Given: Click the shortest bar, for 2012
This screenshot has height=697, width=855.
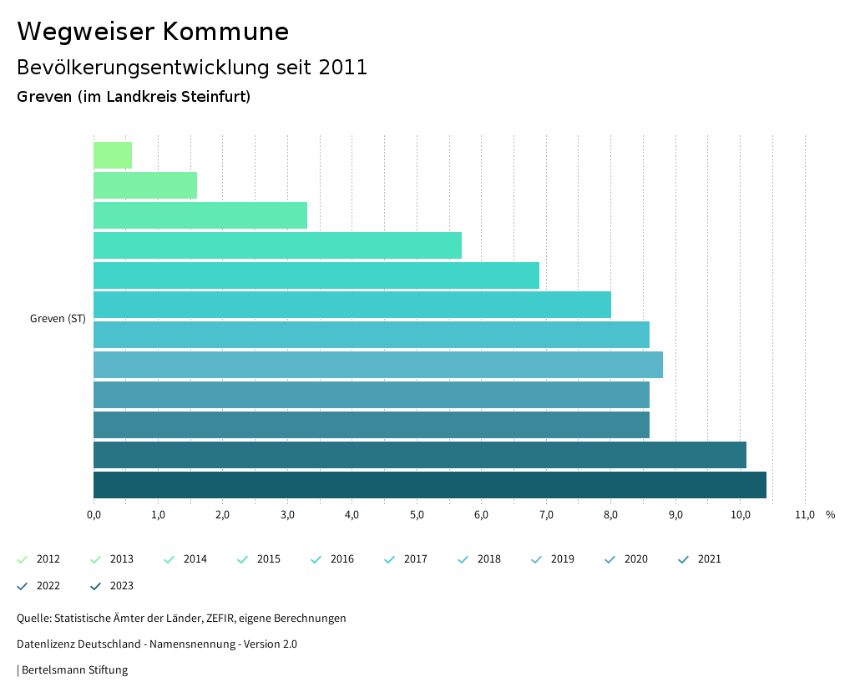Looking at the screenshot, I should (113, 155).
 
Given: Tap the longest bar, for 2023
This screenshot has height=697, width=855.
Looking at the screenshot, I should (429, 485).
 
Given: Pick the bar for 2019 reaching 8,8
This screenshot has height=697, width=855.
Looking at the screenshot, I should (377, 365).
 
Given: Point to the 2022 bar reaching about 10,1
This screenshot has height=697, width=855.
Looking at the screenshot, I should (419, 455).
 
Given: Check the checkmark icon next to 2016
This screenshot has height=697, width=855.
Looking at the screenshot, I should (316, 559).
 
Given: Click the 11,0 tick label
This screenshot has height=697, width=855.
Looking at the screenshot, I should (804, 515).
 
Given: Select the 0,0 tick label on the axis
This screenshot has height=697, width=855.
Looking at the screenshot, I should (94, 515).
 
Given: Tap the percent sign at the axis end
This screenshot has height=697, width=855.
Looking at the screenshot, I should (830, 515).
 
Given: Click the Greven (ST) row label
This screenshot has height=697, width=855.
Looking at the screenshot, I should (58, 319).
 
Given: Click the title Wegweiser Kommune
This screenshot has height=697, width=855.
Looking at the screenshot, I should (153, 32).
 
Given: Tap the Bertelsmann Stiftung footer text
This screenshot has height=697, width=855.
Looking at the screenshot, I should (74, 670).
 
